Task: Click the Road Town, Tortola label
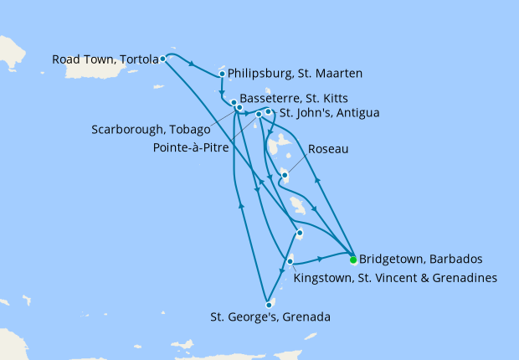105,59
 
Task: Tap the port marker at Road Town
162,59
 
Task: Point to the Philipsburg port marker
222,74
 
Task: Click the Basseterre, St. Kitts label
288,97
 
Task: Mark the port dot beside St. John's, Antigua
269,111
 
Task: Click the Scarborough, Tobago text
150,130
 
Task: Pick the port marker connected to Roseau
285,175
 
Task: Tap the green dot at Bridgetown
353,259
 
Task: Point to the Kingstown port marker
290,262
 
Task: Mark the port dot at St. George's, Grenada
268,304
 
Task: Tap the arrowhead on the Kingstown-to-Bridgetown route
321,259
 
